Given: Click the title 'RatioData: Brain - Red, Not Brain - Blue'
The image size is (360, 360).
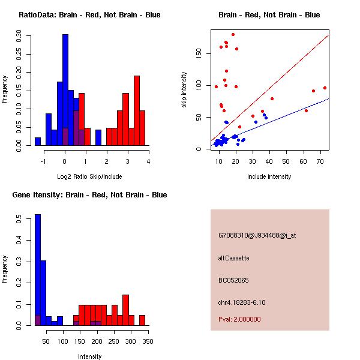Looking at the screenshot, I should tap(89, 14).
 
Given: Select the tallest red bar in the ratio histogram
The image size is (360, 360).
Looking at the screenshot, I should tap(137, 110).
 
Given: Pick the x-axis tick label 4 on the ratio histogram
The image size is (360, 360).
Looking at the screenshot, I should tap(148, 160).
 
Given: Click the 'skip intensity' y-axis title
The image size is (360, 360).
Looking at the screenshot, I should tap(185, 91).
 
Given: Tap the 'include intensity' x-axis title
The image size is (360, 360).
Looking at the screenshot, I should tap(269, 176).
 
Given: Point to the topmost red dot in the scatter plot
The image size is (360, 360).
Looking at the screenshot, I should tap(233, 34).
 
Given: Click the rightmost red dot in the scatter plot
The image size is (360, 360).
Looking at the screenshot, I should tap(325, 88).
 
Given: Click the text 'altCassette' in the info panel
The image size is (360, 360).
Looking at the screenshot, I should tap(233, 258).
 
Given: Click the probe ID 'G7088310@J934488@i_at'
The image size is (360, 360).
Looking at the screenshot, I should tap(257, 235).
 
